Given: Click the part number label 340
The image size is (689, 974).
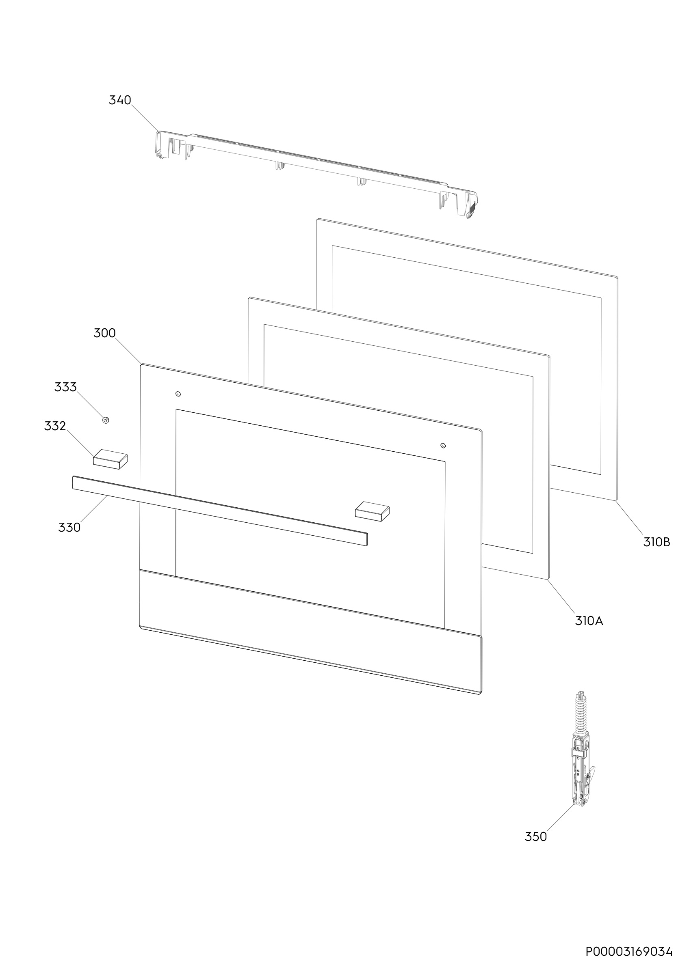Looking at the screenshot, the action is click(x=120, y=100).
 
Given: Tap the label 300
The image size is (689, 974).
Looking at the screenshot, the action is click(x=104, y=333).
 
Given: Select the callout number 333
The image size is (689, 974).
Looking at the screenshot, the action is click(x=65, y=387).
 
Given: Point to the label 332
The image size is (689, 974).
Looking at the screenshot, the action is click(x=55, y=426).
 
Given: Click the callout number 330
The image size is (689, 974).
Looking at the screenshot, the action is click(x=69, y=527).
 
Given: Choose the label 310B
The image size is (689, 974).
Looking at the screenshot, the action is click(x=657, y=542).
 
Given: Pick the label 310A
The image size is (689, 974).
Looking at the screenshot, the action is click(x=589, y=621).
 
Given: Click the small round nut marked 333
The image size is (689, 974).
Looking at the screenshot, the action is click(x=106, y=420).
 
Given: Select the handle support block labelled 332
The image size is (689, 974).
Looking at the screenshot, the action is click(x=110, y=459).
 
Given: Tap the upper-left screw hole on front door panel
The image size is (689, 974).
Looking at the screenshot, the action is click(x=178, y=394).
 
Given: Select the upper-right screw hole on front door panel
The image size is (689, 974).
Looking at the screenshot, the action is click(x=443, y=446).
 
